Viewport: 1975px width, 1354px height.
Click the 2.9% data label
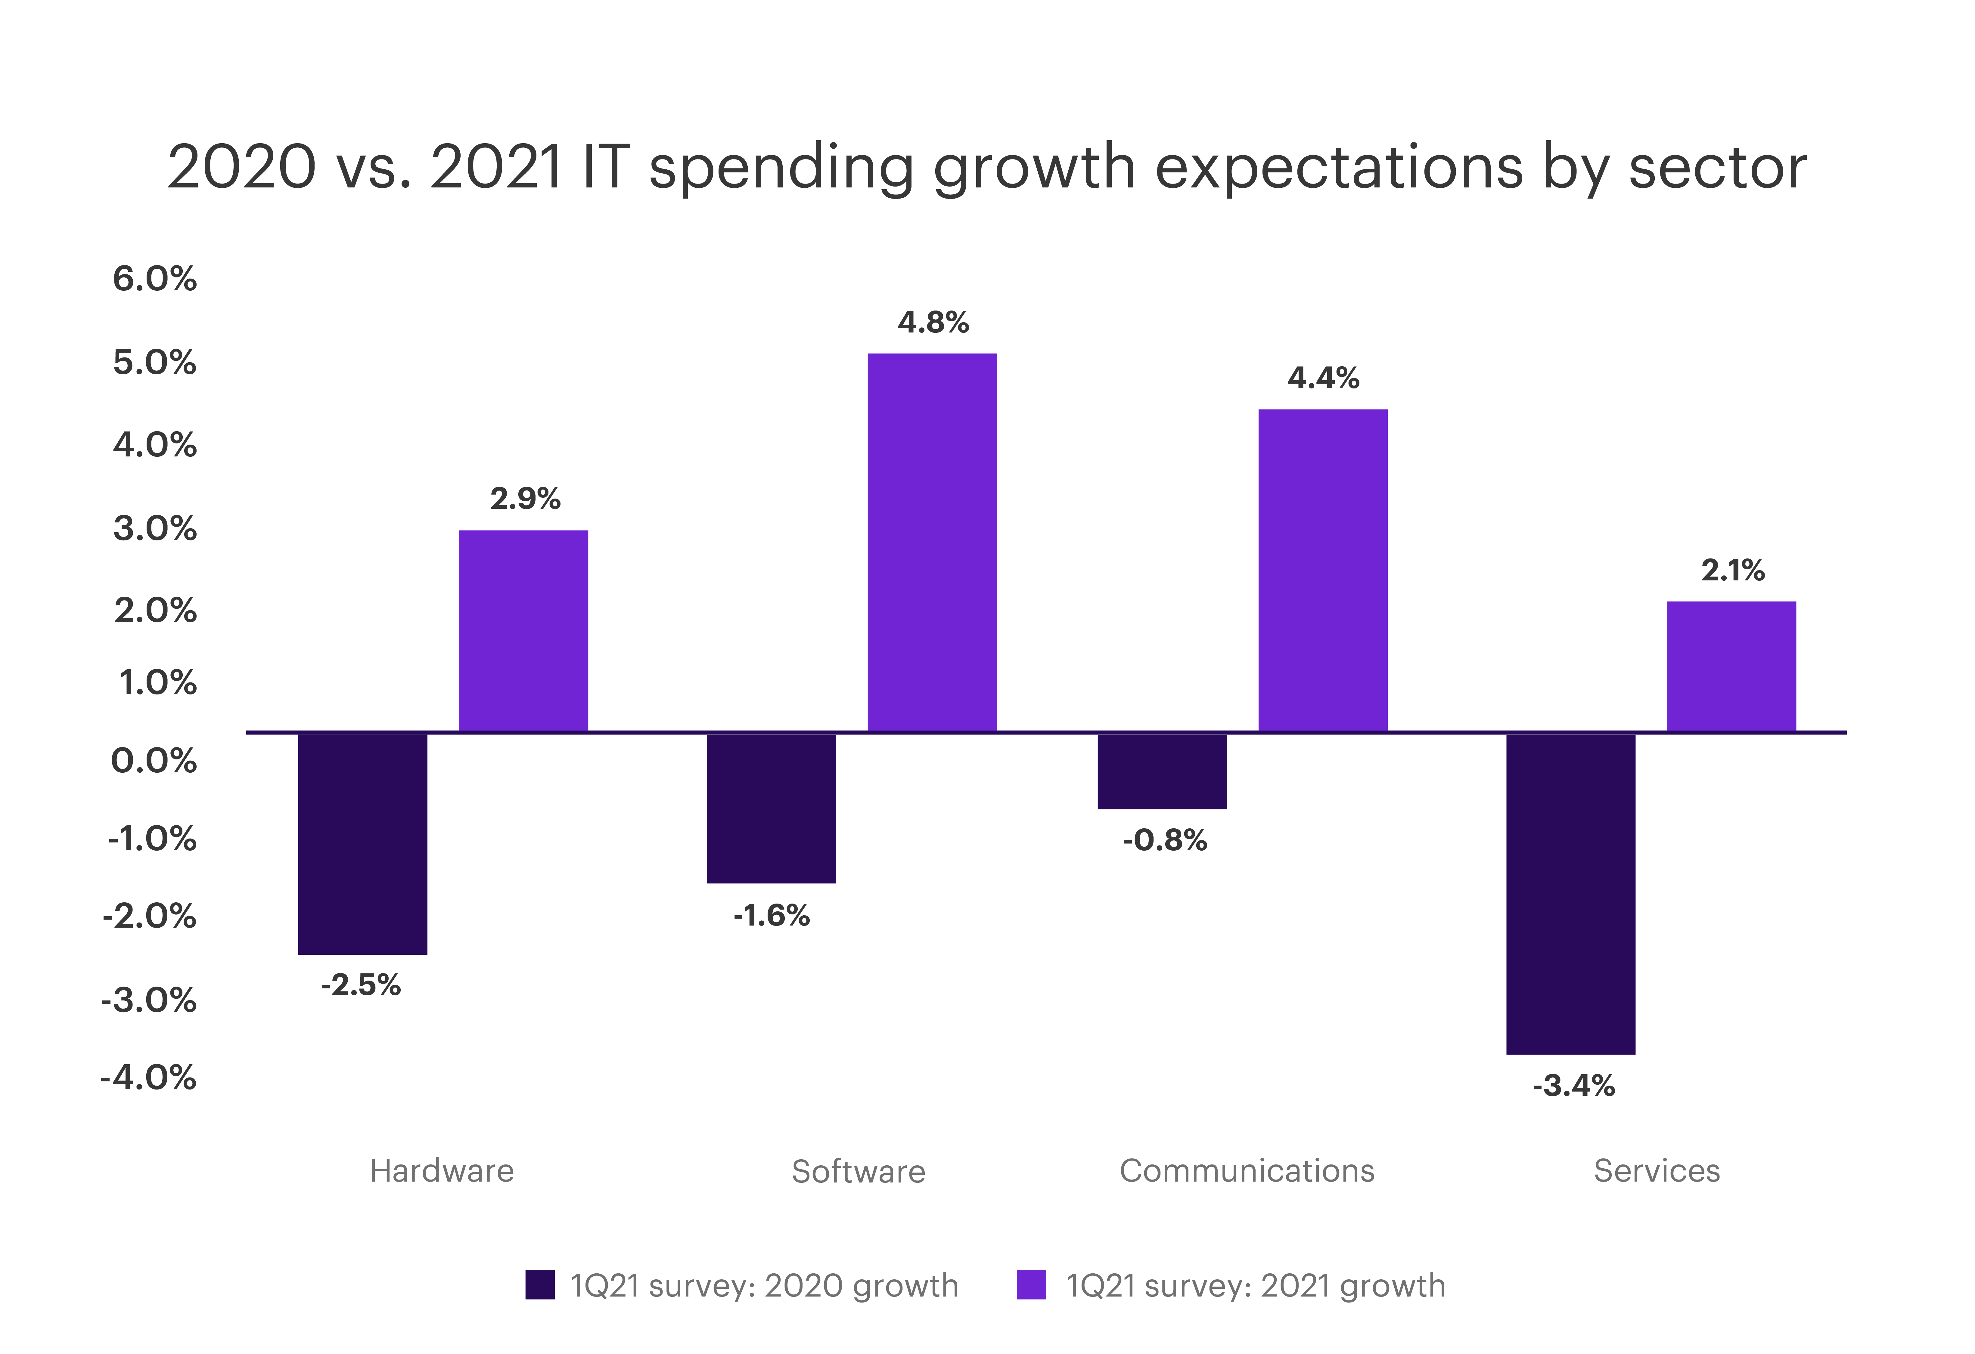point(525,499)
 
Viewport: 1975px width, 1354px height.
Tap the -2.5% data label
point(361,985)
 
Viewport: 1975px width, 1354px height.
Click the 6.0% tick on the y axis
point(155,279)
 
